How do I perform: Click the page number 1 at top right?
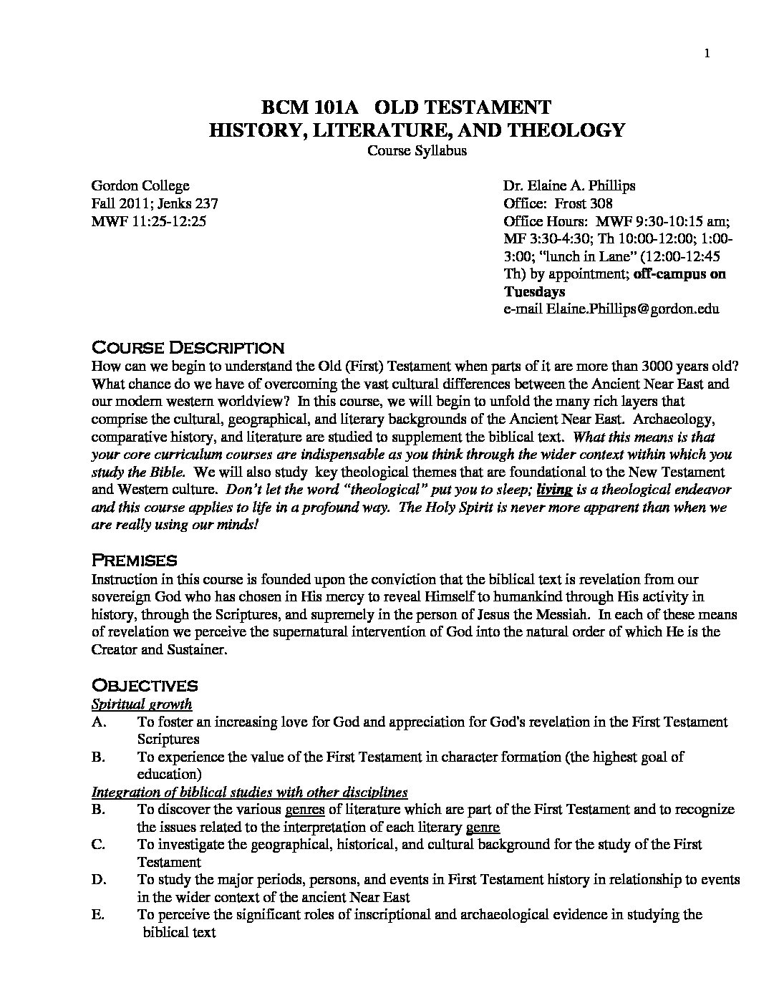click(x=707, y=52)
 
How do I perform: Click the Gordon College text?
click(x=140, y=186)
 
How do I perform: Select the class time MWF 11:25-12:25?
click(x=149, y=221)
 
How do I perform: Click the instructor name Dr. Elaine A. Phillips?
click(x=569, y=186)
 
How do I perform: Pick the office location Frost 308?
click(x=582, y=203)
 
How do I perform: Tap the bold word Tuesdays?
click(x=534, y=291)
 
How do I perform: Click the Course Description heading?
click(x=188, y=349)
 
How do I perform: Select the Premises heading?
click(x=134, y=560)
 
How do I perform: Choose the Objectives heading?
click(x=145, y=685)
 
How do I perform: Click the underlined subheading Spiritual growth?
click(x=142, y=704)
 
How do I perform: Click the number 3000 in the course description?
click(x=660, y=366)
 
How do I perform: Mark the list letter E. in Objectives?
click(x=99, y=914)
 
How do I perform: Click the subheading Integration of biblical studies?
click(x=249, y=792)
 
